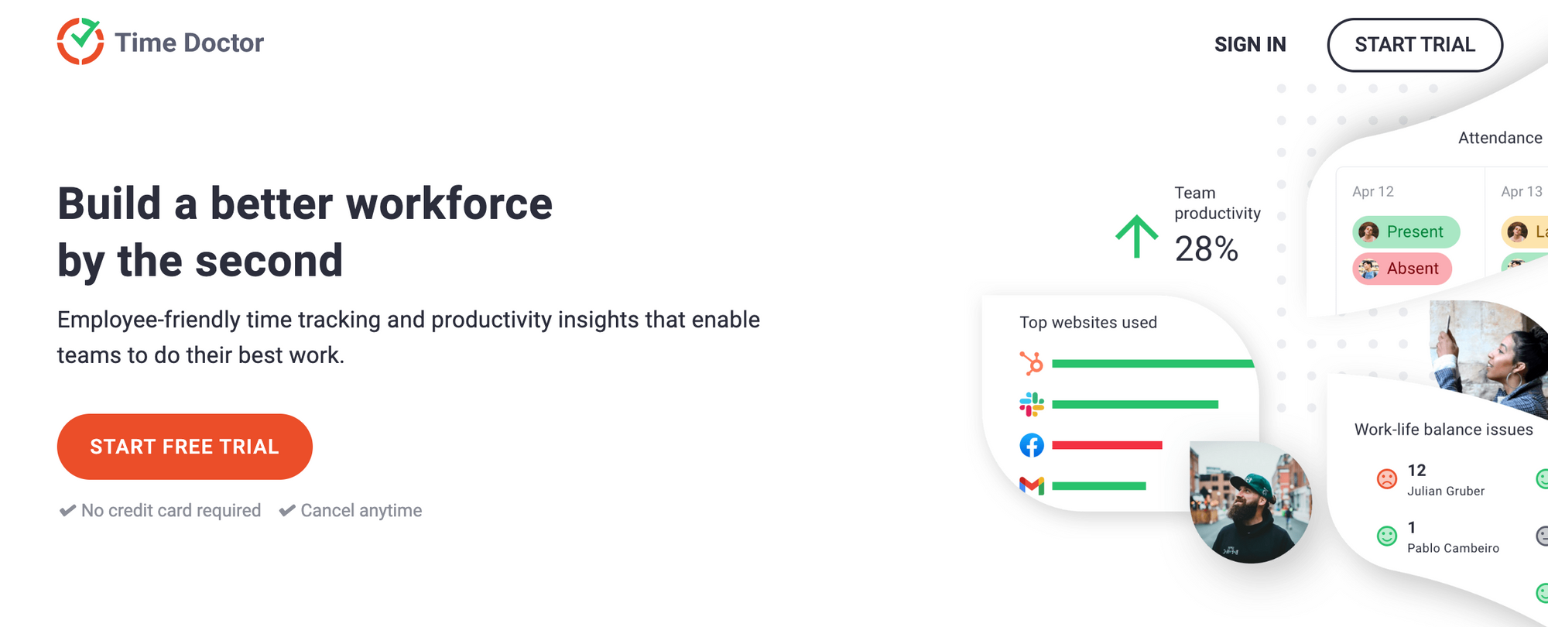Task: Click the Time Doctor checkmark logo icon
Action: coord(80,41)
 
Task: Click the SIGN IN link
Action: coord(1250,45)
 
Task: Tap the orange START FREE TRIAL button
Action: coord(185,447)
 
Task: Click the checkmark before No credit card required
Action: coord(68,511)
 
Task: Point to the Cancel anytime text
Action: coord(361,511)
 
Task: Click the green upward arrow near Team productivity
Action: coord(1136,236)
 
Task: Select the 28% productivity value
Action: coord(1206,249)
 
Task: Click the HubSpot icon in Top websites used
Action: coord(1032,363)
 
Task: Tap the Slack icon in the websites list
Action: coord(1032,404)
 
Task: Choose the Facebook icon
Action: coord(1032,445)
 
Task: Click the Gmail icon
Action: coord(1032,485)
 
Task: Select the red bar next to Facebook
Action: coord(1107,445)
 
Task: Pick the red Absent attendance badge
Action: coord(1402,269)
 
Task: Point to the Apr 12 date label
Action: coord(1373,191)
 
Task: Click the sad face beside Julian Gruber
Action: coord(1387,479)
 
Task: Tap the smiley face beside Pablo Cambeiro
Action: coord(1387,536)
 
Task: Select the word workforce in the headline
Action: coord(449,204)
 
